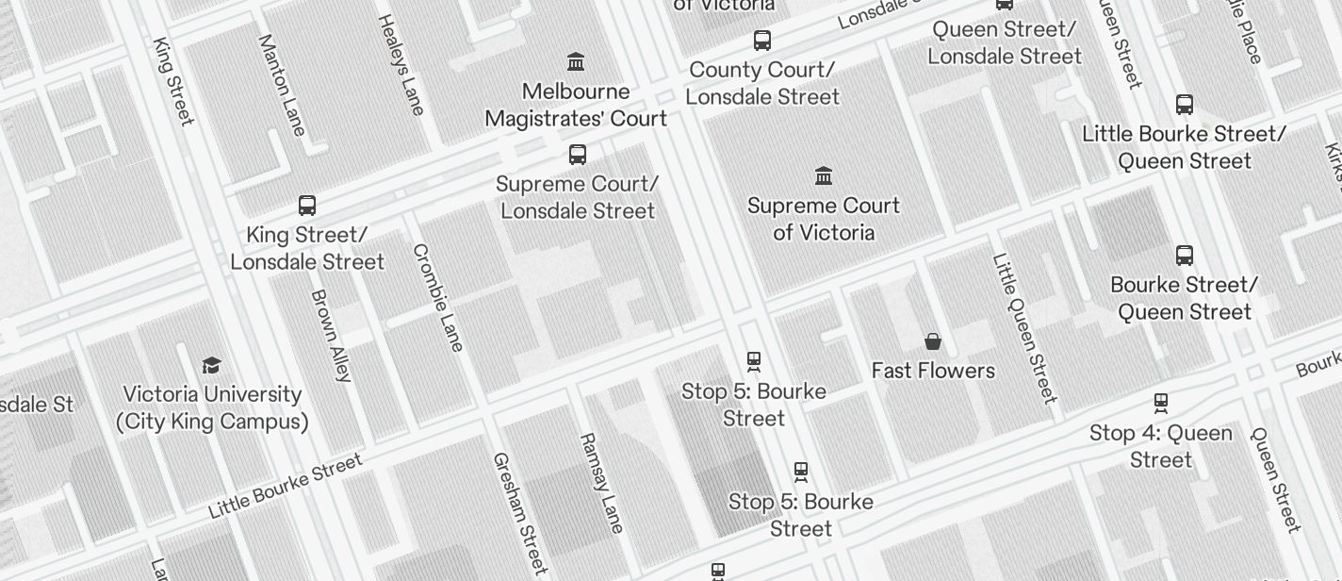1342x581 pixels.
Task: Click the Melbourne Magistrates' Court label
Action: (576, 105)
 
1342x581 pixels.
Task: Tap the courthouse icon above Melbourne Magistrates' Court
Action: (576, 62)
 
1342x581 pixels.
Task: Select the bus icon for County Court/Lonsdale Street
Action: (762, 41)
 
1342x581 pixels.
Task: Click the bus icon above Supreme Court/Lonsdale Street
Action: (578, 155)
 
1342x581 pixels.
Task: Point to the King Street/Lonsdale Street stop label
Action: (307, 248)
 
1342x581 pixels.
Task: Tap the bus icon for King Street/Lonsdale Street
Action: (307, 205)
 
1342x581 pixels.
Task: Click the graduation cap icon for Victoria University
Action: (212, 365)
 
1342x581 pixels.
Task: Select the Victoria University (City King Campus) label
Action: (212, 407)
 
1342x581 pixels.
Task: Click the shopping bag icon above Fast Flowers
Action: (933, 340)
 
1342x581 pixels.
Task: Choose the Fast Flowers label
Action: (933, 371)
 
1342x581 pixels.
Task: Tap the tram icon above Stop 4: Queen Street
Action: (1161, 403)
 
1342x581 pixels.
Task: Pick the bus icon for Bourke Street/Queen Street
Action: (1185, 255)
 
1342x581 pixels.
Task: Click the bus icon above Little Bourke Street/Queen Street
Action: (1185, 104)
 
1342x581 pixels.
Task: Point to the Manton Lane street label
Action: (281, 85)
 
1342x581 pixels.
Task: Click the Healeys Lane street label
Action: (401, 64)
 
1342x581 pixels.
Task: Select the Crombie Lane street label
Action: (438, 297)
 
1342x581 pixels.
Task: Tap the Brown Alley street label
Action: (331, 335)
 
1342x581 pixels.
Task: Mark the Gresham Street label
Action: (519, 513)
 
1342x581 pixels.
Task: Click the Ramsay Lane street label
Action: (601, 483)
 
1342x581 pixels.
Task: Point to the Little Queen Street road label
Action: (1024, 327)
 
